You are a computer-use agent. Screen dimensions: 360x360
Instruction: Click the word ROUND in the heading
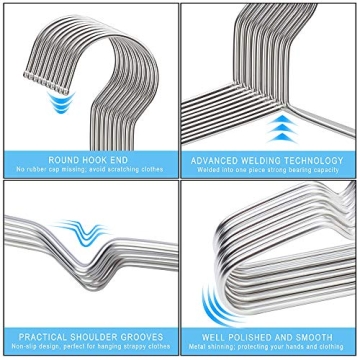(62, 159)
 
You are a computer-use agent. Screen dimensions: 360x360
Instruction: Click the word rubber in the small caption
(48, 170)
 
